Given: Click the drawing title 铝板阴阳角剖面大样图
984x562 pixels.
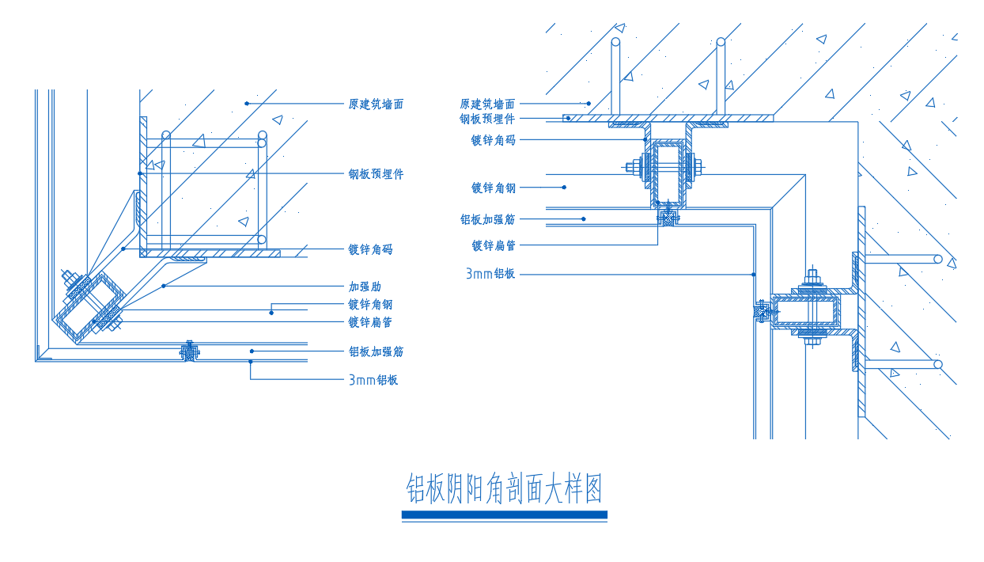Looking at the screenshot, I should coord(504,489).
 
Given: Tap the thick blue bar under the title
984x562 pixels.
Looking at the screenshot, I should coord(504,515).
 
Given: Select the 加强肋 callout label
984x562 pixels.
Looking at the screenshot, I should coord(365,287).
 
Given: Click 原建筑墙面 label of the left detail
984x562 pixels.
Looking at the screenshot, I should coord(376,104).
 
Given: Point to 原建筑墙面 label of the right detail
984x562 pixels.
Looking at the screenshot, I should coord(487,104).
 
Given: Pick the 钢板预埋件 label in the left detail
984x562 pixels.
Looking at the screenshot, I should coord(376,174).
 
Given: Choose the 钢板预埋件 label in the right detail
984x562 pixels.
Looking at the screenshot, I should coord(487,120).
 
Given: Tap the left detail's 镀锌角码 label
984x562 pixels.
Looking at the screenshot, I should coord(370,249).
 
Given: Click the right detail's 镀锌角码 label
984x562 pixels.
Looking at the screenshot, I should coord(493,140).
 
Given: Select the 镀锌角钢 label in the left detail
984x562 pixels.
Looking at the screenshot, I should coord(370,305).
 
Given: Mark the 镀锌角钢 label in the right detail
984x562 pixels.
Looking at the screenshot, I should coord(493,188).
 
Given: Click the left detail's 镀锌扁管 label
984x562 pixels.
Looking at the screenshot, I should coord(370,322).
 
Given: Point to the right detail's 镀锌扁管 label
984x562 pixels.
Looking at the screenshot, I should coord(493,245).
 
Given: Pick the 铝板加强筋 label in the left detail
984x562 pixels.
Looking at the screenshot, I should coord(376,351).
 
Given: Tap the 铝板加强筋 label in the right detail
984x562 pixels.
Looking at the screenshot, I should coord(487,219).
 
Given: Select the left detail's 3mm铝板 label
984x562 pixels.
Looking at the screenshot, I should coord(373,380).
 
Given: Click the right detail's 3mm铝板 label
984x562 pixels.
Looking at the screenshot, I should coord(490,274).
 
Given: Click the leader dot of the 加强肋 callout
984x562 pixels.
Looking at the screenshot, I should coord(163,286).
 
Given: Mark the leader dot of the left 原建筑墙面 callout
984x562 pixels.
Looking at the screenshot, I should coord(247,103).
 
